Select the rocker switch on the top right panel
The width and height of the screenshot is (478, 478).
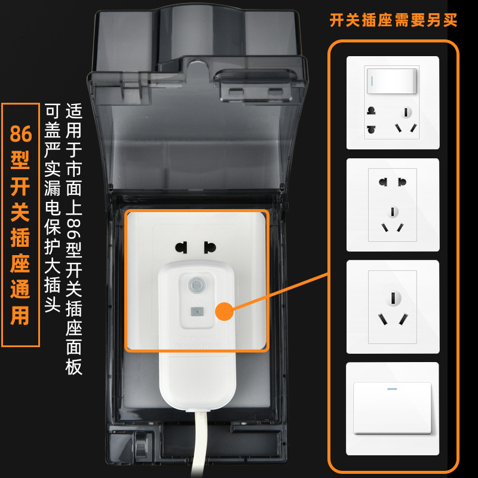click(393, 79)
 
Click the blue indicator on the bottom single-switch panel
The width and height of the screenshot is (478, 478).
click(393, 389)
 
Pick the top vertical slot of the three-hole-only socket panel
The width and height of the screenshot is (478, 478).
click(393, 297)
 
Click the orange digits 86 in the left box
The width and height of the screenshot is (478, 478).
click(20, 133)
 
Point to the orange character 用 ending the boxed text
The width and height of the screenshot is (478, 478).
click(20, 315)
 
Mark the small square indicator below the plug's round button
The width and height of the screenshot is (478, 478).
click(196, 311)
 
